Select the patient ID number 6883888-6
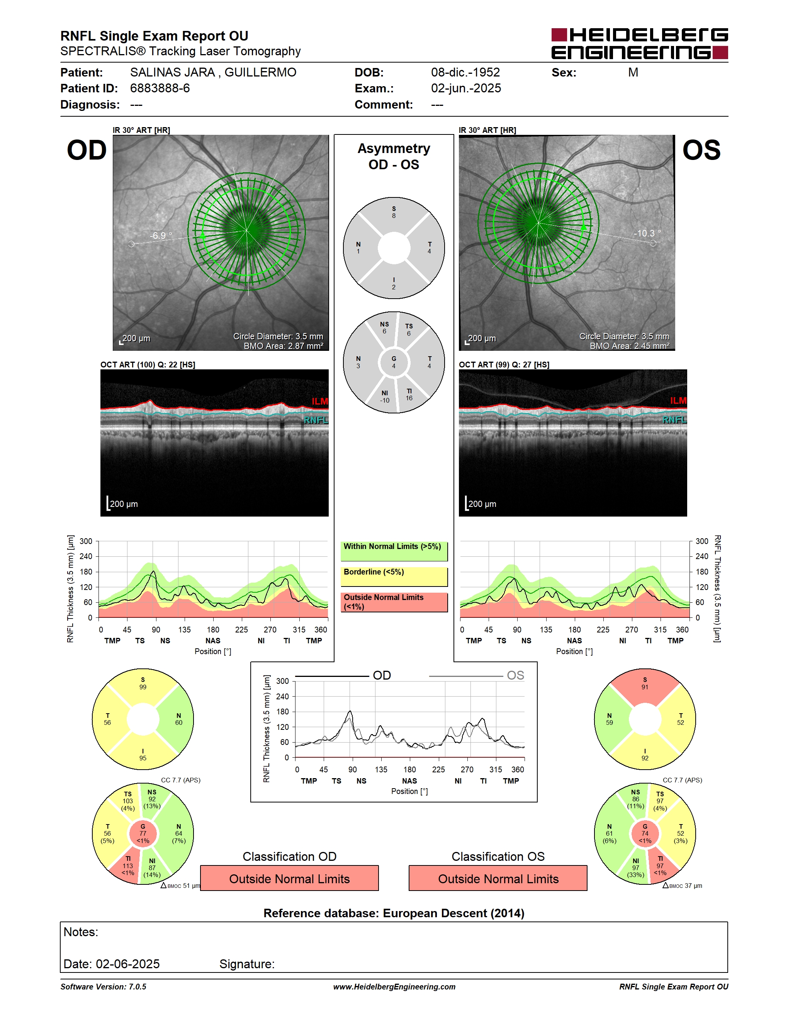[x=160, y=88]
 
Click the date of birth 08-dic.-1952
[x=465, y=72]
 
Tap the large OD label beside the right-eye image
[x=87, y=150]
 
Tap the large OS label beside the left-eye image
[x=701, y=150]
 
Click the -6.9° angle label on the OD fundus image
[x=161, y=235]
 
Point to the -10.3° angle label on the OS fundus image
[x=647, y=233]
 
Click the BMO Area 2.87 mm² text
[x=284, y=346]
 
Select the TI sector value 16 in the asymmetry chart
[x=409, y=398]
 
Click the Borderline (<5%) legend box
[x=394, y=576]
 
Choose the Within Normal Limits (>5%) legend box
[x=394, y=551]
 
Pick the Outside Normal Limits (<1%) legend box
[x=394, y=602]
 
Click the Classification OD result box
[x=289, y=878]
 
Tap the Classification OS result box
[x=498, y=878]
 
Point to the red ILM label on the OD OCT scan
[x=320, y=401]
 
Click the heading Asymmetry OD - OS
[x=394, y=156]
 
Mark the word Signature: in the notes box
[x=247, y=964]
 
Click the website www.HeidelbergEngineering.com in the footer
[x=394, y=987]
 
